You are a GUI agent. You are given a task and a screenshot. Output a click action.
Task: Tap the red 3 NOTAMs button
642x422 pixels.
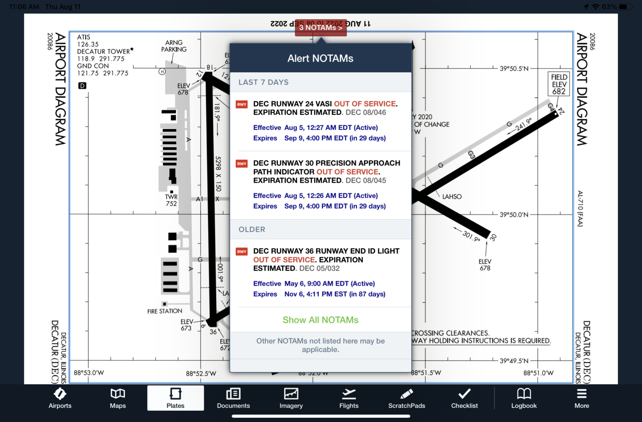tap(321, 28)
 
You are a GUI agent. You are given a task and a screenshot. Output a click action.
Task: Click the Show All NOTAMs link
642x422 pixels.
tap(321, 320)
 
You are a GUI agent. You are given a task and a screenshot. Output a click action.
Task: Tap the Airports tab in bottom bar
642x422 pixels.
tap(60, 398)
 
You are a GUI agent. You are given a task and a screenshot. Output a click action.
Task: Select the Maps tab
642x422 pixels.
tap(118, 398)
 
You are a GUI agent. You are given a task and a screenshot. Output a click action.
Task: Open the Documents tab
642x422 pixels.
tap(233, 398)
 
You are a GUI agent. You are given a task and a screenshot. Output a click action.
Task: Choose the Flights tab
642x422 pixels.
tap(349, 398)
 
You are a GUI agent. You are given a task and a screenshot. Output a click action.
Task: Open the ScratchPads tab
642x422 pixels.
tap(406, 398)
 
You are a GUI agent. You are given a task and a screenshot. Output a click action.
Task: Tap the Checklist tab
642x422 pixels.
tap(464, 398)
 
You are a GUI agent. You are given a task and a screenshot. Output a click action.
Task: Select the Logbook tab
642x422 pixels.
tap(524, 398)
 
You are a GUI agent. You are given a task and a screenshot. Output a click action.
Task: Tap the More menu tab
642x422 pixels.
tap(581, 398)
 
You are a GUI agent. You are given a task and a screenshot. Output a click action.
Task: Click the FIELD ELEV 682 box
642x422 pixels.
tap(559, 84)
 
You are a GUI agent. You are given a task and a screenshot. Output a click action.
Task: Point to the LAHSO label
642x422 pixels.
tap(452, 197)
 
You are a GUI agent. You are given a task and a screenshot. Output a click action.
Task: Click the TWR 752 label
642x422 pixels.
tap(171, 200)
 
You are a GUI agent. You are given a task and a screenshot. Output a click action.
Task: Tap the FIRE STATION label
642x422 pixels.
tap(165, 311)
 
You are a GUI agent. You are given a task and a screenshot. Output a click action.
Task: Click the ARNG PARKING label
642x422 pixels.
tap(174, 46)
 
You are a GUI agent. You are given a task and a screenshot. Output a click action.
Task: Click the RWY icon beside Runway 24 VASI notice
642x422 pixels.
tap(242, 105)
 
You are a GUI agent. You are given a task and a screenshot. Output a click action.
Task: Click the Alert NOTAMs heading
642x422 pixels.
tap(320, 59)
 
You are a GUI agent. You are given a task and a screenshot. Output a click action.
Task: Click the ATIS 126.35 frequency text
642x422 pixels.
tap(88, 41)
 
